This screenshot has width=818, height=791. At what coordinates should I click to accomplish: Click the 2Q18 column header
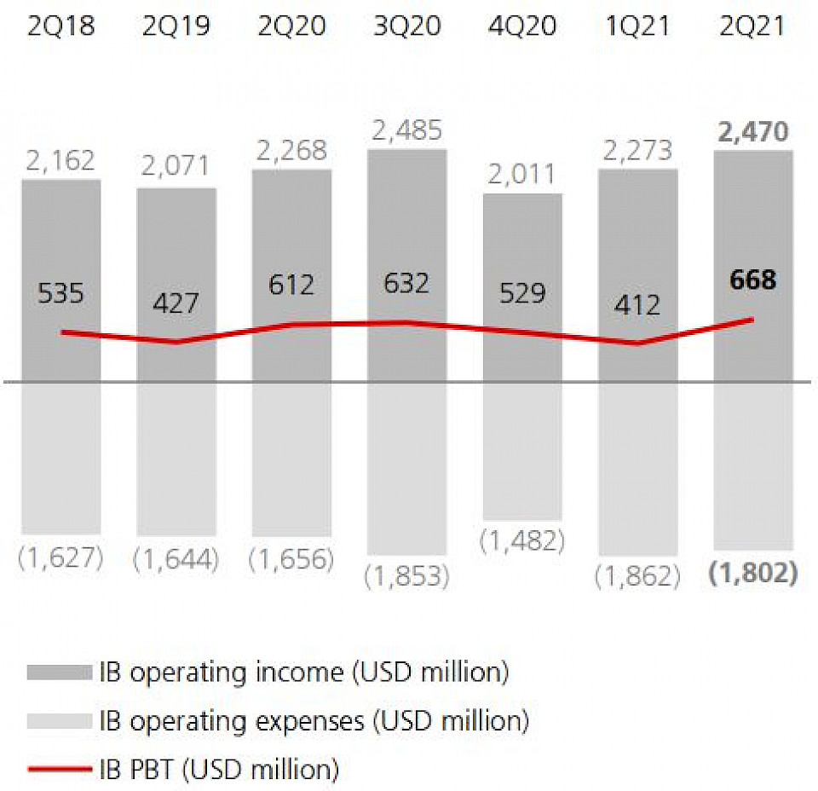coord(61,26)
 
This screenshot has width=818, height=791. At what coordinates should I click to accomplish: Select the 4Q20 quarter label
coord(522,26)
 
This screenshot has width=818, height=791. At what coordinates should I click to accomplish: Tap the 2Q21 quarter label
coord(752,26)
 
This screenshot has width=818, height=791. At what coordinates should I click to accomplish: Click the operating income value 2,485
coord(406,130)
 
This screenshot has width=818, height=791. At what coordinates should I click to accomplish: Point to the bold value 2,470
coord(753,132)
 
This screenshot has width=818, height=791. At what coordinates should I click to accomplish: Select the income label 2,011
coord(522,175)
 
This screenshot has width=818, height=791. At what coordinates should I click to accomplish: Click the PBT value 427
coord(176,303)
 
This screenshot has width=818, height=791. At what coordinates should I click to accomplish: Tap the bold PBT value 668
coord(753,280)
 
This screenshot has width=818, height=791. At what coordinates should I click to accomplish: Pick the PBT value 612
coord(291,284)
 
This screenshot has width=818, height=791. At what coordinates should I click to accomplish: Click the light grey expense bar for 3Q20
coord(406,469)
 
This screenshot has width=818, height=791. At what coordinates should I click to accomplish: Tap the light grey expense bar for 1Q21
coord(638,469)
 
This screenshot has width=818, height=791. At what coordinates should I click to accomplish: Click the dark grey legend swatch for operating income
coord(59,673)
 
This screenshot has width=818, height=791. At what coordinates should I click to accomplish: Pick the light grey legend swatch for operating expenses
coord(59,721)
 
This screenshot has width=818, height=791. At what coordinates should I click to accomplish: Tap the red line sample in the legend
coord(59,770)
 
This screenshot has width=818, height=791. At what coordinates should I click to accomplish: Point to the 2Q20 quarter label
coord(291,26)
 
